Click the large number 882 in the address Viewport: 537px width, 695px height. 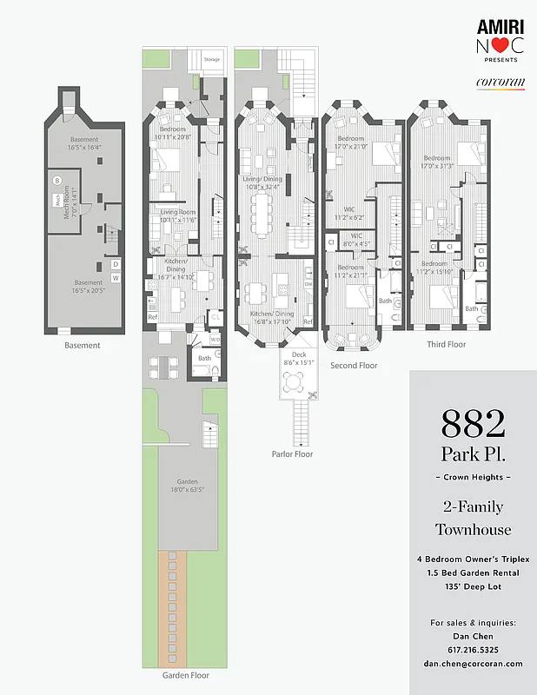coord(473,424)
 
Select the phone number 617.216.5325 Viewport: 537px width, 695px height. coord(474,649)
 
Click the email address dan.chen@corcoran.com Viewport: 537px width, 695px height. coord(474,663)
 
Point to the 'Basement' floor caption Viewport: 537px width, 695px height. coord(83,345)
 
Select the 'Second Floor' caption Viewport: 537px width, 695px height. coord(354,366)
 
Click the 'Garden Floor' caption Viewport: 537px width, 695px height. coord(186,674)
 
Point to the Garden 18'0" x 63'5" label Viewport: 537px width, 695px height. coord(187,486)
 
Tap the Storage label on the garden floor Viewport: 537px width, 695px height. coord(212,60)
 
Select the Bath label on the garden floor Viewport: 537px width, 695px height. coord(204,357)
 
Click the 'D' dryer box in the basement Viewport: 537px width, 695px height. coord(116,264)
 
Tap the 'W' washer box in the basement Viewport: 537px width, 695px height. coord(116,278)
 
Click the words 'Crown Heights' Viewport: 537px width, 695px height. coord(473,479)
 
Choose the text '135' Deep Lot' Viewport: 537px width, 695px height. coord(474,586)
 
